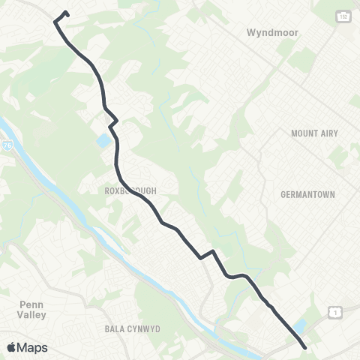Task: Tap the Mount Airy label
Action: pos(314,133)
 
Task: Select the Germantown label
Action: pos(307,193)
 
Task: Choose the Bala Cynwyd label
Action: pos(132,329)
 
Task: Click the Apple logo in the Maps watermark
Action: pos(11,348)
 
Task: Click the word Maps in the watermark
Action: pos(33,348)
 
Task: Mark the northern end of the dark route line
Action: pos(67,12)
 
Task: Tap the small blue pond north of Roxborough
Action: pos(102,140)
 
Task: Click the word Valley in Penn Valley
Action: pos(32,315)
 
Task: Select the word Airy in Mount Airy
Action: pos(328,133)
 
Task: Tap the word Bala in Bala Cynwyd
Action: pos(113,329)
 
